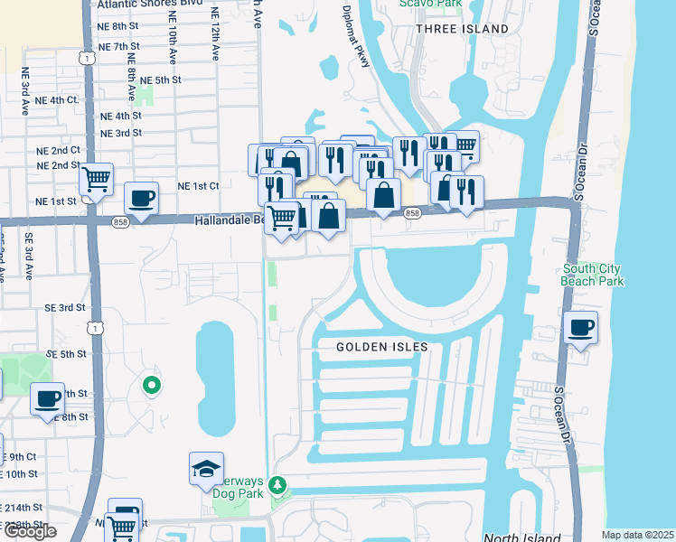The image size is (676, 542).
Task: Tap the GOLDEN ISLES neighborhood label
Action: coord(382,347)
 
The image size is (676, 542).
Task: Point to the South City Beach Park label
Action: coord(593,275)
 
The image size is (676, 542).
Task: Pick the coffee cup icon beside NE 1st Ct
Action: coord(140,197)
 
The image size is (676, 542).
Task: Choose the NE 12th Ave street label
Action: coord(214,36)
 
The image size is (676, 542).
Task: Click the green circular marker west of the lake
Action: coord(152,387)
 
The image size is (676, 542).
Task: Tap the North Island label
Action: coord(515,537)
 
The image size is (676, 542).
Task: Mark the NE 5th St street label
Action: coord(161,80)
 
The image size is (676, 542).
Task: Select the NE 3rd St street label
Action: coord(121,133)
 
